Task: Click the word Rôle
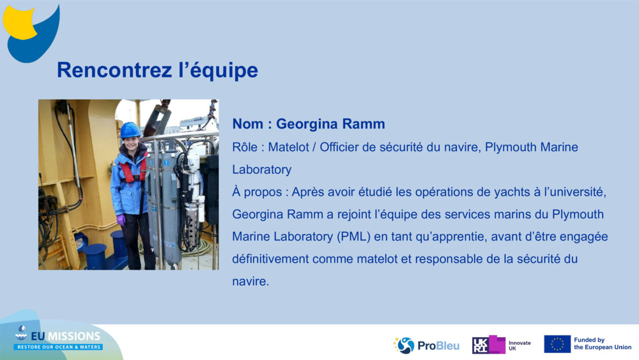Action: [246, 148]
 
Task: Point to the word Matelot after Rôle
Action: [289, 148]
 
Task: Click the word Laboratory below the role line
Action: [261, 170]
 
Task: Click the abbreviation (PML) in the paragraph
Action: [352, 237]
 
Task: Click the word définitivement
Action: [275, 259]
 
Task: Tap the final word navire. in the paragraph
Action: [250, 281]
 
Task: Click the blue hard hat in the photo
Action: [130, 130]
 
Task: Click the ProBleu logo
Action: [426, 345]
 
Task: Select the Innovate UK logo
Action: [501, 345]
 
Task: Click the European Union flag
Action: [557, 345]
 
